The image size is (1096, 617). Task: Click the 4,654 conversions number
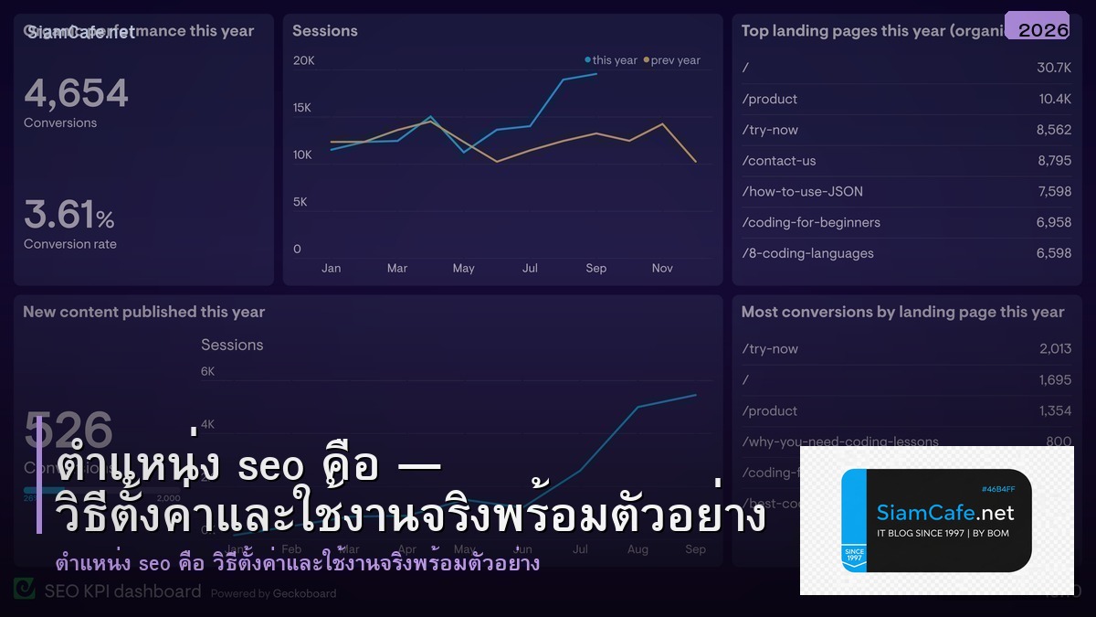point(76,93)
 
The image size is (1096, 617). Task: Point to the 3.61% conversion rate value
point(69,216)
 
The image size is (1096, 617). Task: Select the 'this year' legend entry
point(611,60)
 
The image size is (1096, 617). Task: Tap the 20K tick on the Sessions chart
point(303,60)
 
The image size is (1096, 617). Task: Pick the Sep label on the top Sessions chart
point(595,268)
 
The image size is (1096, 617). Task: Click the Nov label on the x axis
point(662,268)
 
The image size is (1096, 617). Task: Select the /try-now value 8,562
point(1053,130)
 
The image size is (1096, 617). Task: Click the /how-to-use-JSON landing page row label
point(802,191)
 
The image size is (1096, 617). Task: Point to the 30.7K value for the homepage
point(1054,68)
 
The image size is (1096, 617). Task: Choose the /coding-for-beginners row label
point(811,222)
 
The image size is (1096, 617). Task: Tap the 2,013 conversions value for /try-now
point(1055,348)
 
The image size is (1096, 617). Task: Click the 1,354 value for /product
point(1055,410)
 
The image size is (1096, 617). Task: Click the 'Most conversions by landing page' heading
point(902,312)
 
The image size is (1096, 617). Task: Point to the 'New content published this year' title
point(143,312)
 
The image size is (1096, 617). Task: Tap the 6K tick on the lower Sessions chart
point(207,371)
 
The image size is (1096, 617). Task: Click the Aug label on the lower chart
point(638,549)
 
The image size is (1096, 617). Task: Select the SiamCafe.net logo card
point(936,520)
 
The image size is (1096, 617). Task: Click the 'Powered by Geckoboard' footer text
point(273,593)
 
